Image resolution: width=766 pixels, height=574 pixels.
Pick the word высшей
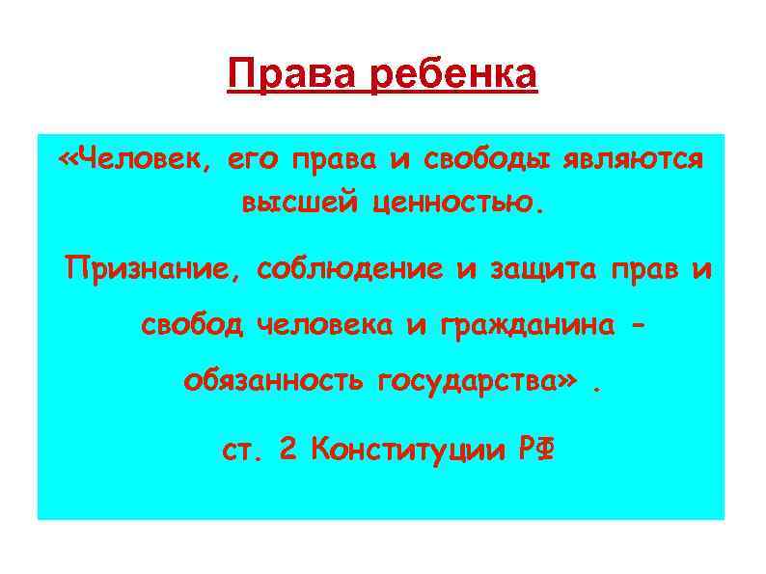point(297,205)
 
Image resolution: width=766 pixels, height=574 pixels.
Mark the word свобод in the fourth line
point(192,326)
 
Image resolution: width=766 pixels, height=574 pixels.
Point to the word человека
point(324,326)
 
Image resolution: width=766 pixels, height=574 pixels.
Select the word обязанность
point(273,385)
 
